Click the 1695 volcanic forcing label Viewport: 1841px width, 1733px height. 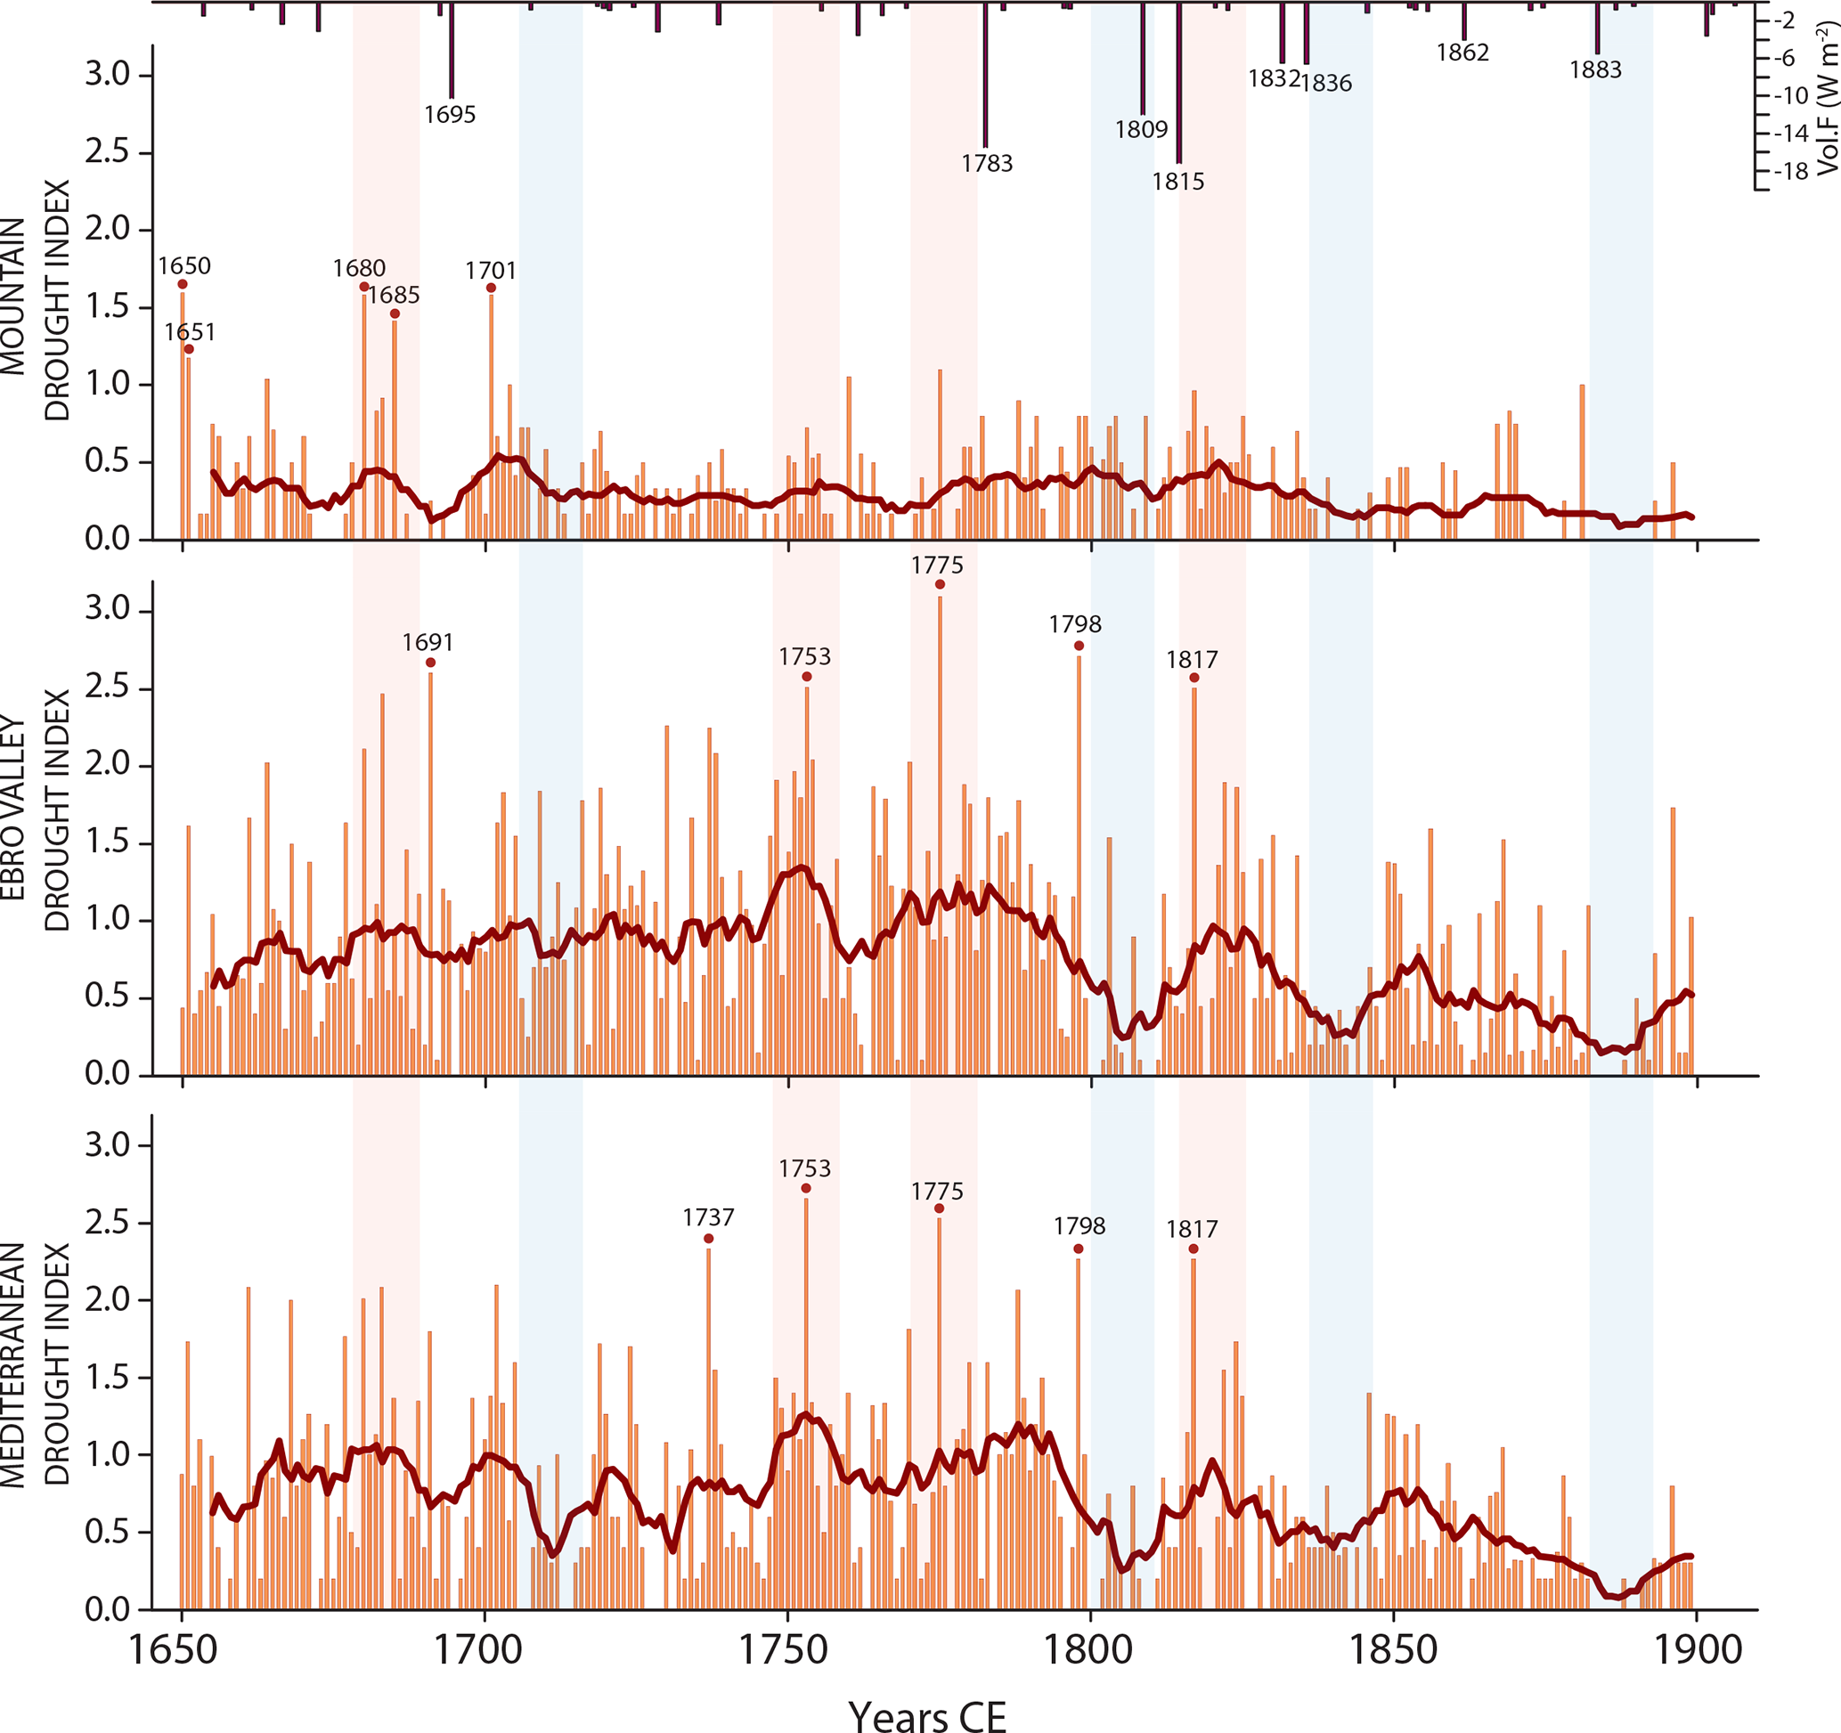(450, 115)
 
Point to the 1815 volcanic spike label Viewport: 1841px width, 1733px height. (1178, 182)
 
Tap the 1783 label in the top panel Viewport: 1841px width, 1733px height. (987, 164)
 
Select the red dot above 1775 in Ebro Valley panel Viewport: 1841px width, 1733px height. (940, 584)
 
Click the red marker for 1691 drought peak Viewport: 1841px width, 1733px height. (430, 663)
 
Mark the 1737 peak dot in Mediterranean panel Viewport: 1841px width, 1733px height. (708, 1239)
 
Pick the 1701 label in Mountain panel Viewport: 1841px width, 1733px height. (491, 271)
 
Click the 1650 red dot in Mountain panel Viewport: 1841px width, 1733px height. (183, 284)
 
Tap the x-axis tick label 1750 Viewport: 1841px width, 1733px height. (787, 1650)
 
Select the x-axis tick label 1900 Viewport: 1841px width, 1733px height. (1697, 1650)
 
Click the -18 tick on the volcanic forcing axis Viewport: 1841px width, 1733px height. (1789, 171)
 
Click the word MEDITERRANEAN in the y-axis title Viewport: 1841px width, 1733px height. (13, 1365)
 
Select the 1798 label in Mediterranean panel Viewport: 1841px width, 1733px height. (1079, 1226)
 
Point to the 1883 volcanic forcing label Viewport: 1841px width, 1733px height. (1595, 70)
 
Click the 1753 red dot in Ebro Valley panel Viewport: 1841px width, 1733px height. (807, 677)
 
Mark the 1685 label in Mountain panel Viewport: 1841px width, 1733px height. (394, 296)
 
